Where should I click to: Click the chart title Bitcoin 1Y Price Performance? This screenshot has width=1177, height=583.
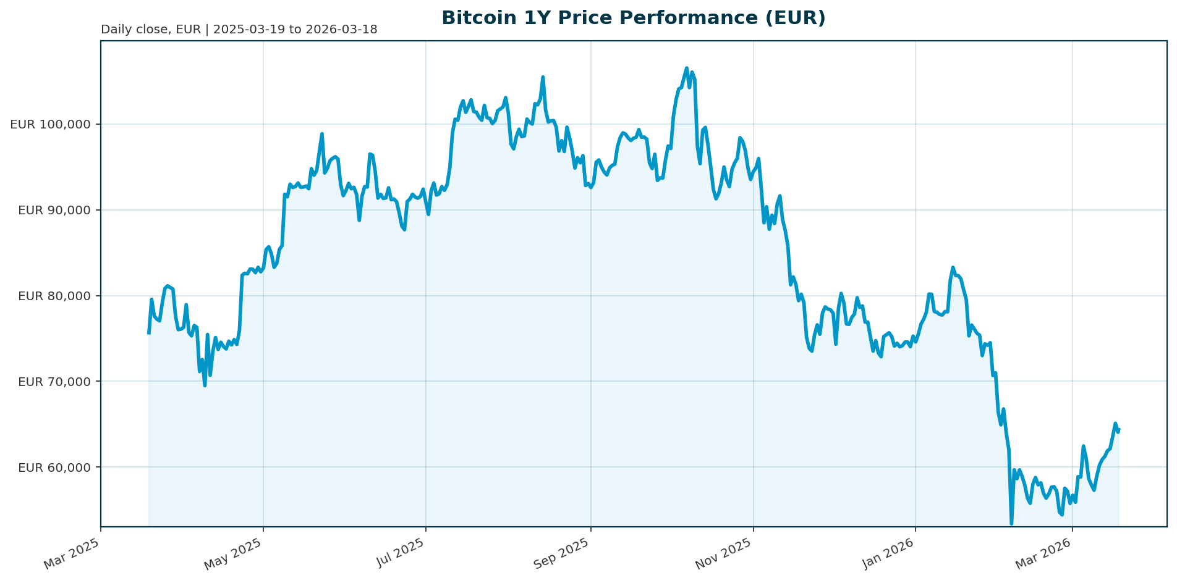point(633,18)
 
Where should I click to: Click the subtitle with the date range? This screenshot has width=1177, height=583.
point(239,30)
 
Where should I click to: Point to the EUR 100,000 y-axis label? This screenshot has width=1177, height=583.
point(50,124)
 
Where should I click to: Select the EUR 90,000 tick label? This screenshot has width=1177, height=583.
point(54,210)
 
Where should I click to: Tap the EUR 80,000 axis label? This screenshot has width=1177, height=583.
point(54,296)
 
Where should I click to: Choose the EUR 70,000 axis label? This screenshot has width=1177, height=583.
point(54,382)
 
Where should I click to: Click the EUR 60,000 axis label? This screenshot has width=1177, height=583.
point(54,467)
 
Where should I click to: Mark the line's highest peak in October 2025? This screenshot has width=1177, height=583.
point(686,68)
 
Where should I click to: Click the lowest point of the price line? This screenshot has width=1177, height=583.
point(1011,524)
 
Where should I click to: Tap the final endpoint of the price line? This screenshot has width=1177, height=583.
point(1119,429)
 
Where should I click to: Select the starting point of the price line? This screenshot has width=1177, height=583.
point(148,333)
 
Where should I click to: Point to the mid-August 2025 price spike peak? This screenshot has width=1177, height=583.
point(543,77)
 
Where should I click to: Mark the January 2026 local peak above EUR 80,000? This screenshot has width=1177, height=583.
point(953,267)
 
